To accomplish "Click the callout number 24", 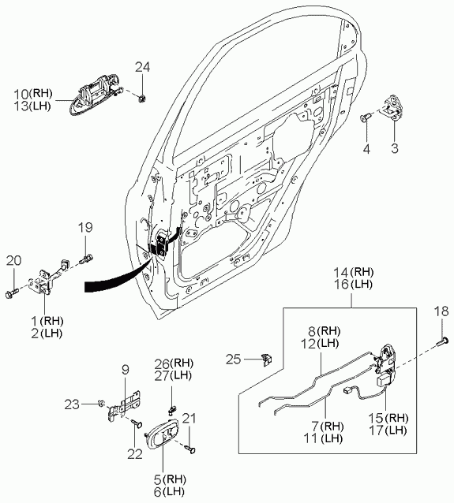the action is tap(142, 67).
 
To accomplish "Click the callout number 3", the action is tap(395, 148).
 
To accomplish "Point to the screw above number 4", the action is tap(365, 117).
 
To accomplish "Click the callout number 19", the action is tap(85, 227).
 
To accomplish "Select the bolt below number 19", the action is tap(86, 258).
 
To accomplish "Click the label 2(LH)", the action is tap(47, 333).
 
